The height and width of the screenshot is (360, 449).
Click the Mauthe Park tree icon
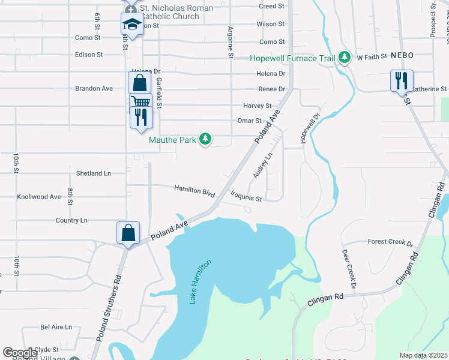(x=206, y=140)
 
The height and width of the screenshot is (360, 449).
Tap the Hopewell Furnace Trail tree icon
(x=344, y=58)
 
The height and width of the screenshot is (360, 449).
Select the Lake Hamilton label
(x=201, y=281)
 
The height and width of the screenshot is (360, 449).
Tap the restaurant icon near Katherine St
(x=400, y=80)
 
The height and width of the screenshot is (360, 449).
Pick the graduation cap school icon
(x=131, y=25)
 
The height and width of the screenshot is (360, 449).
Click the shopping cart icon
(x=140, y=103)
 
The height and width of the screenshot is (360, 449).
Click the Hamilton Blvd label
(x=194, y=190)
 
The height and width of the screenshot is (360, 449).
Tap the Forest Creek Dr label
(x=391, y=242)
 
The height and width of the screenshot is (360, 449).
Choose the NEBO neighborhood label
(x=402, y=55)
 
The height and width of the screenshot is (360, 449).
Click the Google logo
(x=20, y=353)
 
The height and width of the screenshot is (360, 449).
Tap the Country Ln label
(x=71, y=220)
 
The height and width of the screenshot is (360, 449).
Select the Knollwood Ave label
(x=39, y=197)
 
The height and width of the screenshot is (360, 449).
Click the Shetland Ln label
(x=94, y=173)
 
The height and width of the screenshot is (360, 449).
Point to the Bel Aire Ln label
(x=56, y=327)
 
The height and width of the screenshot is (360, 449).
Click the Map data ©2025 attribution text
(x=424, y=355)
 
